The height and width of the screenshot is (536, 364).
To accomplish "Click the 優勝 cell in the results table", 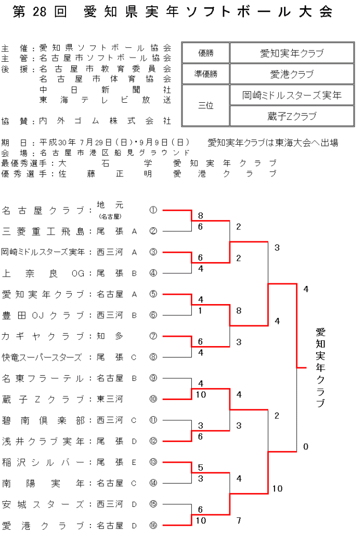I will tap(206, 53).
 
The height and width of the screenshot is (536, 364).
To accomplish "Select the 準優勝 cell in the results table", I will tap(206, 74).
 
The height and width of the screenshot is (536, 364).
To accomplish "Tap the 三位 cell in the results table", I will tap(206, 105).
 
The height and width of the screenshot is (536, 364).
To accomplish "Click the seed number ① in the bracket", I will tap(153, 210).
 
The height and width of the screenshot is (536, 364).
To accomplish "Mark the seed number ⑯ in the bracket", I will tap(153, 525).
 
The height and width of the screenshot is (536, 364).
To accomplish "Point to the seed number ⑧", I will tap(153, 357).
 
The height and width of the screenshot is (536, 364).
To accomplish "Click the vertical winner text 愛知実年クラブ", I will tap(320, 367).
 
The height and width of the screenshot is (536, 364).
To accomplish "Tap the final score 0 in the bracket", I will tap(306, 447).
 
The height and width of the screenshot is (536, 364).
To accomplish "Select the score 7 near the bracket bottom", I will tap(238, 520).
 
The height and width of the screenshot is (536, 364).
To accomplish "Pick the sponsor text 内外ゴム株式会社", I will tap(105, 121).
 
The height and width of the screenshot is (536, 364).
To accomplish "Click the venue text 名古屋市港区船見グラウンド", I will tap(115, 153).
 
